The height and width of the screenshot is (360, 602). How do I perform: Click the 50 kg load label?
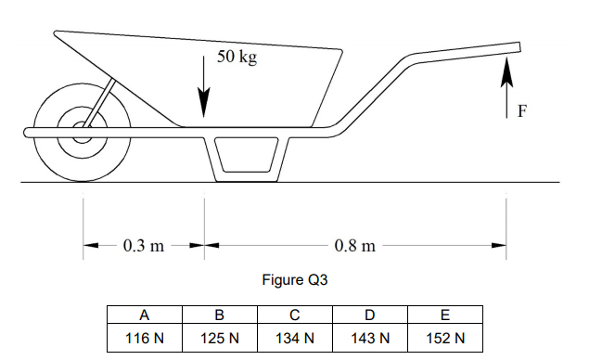(237, 58)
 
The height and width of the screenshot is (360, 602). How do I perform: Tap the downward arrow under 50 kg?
(203, 88)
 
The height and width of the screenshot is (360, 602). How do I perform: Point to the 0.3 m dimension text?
(143, 247)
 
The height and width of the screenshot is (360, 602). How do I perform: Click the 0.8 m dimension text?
(354, 247)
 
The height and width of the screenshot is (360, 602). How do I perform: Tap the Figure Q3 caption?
(295, 279)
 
